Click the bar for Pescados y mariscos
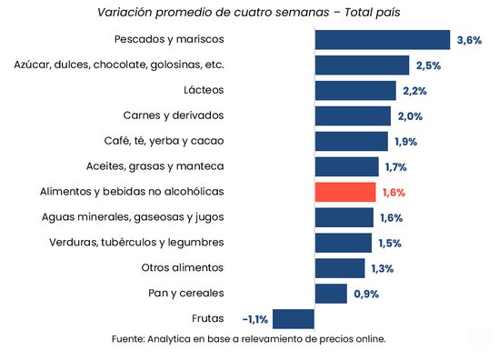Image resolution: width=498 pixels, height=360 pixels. pyautogui.click(x=383, y=40)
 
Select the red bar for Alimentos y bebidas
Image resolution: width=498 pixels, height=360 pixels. pyautogui.click(x=345, y=192)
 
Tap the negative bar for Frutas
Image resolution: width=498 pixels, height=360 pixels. pyautogui.click(x=293, y=318)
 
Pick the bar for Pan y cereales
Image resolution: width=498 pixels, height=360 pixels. pyautogui.click(x=331, y=293)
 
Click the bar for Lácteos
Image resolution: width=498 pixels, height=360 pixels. pyautogui.click(x=355, y=91)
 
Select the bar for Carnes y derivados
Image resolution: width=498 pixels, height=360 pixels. pyautogui.click(x=353, y=115)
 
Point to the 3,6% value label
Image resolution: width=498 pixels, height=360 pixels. pyautogui.click(x=468, y=40)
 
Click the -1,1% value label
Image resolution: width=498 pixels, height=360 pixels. pyautogui.click(x=255, y=319)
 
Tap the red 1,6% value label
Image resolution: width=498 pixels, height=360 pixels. pyautogui.click(x=393, y=193)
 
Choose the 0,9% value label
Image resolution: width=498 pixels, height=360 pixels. pyautogui.click(x=365, y=294)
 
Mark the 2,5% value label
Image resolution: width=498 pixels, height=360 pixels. pyautogui.click(x=428, y=65)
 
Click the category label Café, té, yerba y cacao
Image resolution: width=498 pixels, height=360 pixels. pyautogui.click(x=164, y=141)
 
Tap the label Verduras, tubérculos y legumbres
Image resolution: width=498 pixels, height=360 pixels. pyautogui.click(x=136, y=243)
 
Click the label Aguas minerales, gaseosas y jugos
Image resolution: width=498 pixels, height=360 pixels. pyautogui.click(x=133, y=217)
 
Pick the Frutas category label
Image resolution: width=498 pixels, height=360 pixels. pyautogui.click(x=208, y=318)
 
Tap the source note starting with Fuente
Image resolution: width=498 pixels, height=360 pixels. pyautogui.click(x=248, y=339)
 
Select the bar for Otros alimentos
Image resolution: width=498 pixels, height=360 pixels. pyautogui.click(x=340, y=268)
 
